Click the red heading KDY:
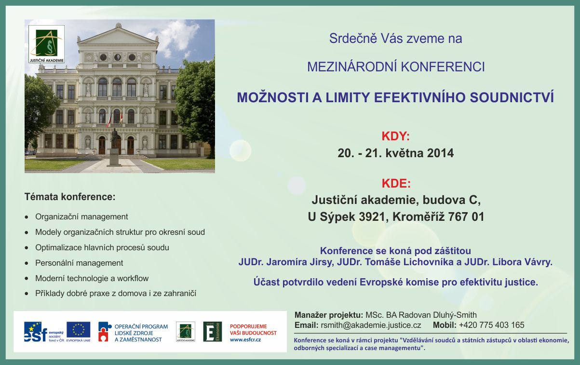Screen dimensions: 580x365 [x=395, y=136]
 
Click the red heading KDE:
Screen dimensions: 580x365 [x=396, y=184]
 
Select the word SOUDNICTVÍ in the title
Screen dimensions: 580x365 [x=512, y=97]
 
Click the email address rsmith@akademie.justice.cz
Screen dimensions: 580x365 [x=371, y=325]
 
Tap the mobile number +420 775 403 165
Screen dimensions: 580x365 [x=491, y=325]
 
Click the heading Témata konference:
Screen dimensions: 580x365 [x=70, y=197]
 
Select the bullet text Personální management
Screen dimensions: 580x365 [x=79, y=263]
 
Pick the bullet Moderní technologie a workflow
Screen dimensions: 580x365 [x=92, y=278]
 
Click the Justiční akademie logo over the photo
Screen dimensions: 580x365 [x=46, y=44]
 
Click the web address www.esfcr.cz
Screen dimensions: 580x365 [x=245, y=339]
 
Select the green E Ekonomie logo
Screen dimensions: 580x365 [x=213, y=332]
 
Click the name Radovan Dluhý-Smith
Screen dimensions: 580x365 [x=438, y=315]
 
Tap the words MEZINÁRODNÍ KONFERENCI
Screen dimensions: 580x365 [x=396, y=67]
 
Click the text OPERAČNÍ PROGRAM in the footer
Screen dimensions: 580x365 [x=141, y=327]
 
